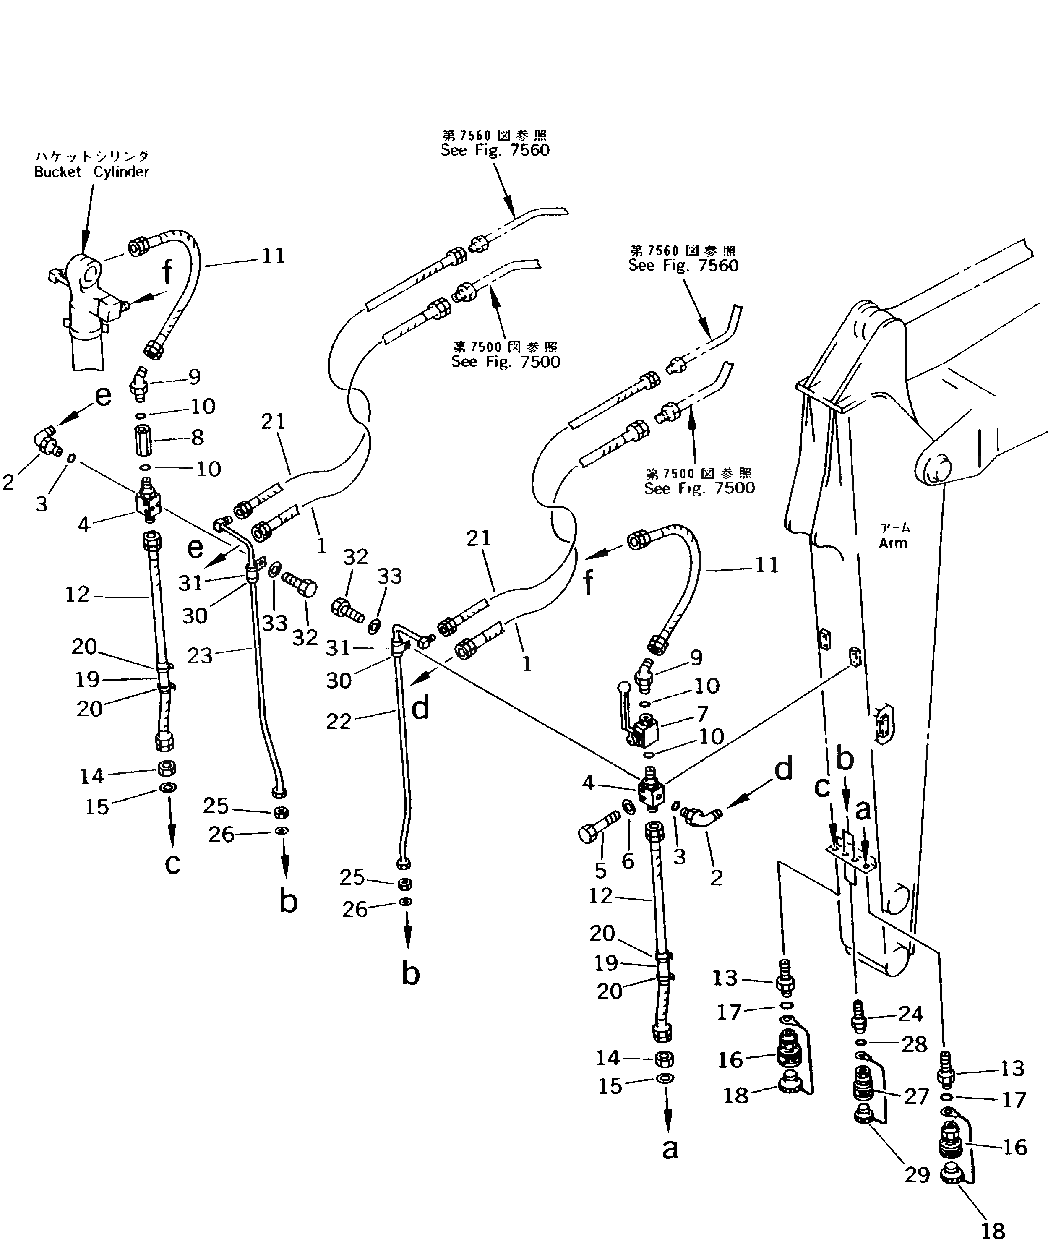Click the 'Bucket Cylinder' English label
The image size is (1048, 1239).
(91, 172)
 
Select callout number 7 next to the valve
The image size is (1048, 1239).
(703, 713)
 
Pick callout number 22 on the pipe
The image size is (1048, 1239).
(339, 721)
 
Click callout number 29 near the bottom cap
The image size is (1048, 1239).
(917, 1174)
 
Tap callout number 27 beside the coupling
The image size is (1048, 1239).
(917, 1096)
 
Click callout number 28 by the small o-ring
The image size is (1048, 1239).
(914, 1044)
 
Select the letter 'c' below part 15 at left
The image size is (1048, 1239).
(172, 863)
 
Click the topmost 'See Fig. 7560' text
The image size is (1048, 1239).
(495, 150)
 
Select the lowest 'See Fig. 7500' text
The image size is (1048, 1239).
(699, 488)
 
